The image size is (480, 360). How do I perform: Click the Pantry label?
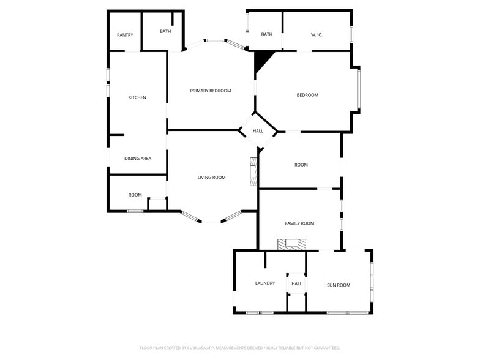point(125,35)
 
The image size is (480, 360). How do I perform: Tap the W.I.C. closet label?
point(317,34)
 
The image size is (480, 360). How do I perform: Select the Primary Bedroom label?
point(211,91)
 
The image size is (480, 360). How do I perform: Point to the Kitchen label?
point(137,97)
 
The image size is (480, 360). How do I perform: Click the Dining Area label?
point(138,159)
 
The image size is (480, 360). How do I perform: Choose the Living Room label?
point(211,178)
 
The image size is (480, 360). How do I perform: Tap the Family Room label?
point(299,223)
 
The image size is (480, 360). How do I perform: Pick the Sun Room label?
point(339,285)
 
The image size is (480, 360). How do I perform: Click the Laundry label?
point(265,283)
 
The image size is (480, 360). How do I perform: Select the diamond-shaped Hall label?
point(258,131)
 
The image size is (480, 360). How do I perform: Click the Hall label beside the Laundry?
point(297,284)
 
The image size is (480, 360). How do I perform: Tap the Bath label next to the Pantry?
point(165,31)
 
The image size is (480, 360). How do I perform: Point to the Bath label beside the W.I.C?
point(267,34)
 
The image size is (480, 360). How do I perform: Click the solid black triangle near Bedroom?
point(262,60)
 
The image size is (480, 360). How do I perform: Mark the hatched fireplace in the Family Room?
point(291,244)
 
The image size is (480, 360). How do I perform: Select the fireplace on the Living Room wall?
point(253,172)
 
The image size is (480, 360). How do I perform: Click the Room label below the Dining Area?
point(135,195)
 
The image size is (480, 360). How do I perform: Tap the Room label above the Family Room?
point(301,165)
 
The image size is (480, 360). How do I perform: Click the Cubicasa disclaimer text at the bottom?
point(240,347)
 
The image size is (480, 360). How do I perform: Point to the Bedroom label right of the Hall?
point(307,95)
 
